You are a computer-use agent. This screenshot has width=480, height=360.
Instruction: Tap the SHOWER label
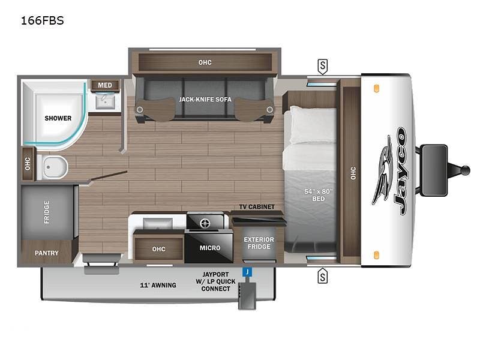tap(58, 118)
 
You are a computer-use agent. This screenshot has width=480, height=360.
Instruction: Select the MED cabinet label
tap(105, 85)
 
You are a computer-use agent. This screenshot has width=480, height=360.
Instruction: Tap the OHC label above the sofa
tap(205, 62)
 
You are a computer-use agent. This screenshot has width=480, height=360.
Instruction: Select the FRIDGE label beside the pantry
tap(47, 212)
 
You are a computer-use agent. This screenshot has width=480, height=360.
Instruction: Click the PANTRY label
tap(46, 253)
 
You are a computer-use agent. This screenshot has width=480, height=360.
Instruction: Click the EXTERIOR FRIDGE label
tap(259, 244)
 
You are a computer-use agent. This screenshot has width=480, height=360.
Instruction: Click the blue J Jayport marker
tap(245, 272)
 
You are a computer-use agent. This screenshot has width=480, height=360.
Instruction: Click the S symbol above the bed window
tap(323, 65)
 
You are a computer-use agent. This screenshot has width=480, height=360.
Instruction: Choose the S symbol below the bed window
tap(323, 276)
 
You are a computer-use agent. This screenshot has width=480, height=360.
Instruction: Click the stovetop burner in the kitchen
tap(205, 223)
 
